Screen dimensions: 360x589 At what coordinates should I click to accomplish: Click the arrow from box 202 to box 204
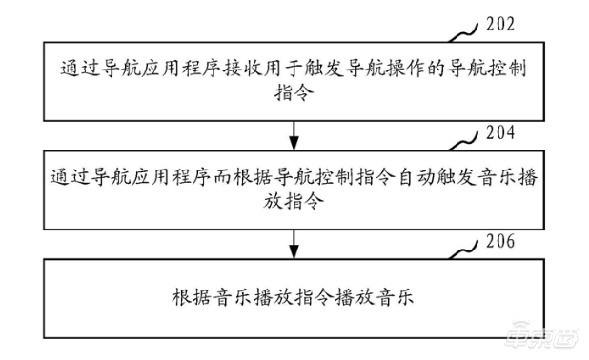tap(301, 130)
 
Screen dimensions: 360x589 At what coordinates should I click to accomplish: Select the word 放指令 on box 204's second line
tap(300, 202)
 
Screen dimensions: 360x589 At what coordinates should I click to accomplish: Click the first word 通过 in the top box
tap(75, 70)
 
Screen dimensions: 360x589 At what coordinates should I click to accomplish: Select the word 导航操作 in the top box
tap(381, 70)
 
